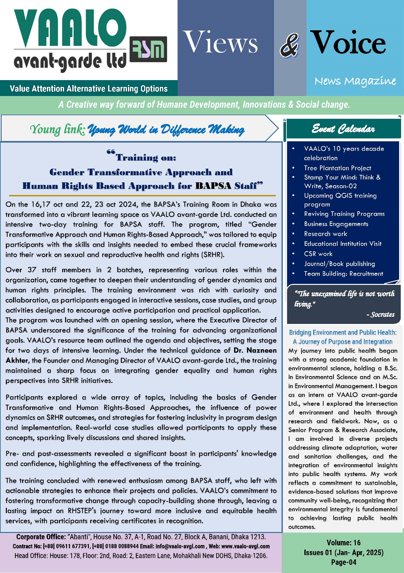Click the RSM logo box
(x=148, y=49)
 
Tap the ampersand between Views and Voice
(x=289, y=45)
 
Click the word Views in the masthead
(x=221, y=42)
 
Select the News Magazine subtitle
(x=355, y=81)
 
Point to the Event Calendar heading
(x=343, y=129)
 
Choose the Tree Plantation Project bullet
(x=337, y=168)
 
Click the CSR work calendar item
(x=318, y=254)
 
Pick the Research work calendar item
(x=325, y=234)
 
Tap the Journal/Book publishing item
(x=339, y=264)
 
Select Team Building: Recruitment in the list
(x=343, y=274)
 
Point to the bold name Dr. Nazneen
(x=255, y=350)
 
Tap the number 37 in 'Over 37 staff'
(x=32, y=270)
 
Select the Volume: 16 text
(x=343, y=542)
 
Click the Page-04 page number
(x=343, y=562)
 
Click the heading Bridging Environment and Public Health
(x=343, y=333)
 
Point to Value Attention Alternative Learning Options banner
(x=89, y=89)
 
